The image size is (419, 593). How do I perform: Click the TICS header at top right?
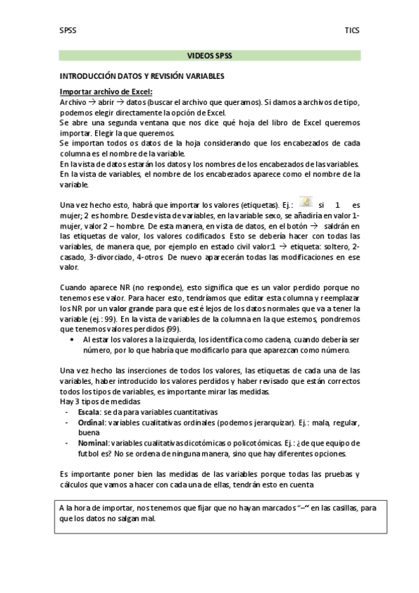(352, 31)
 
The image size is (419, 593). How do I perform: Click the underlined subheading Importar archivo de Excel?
(106, 92)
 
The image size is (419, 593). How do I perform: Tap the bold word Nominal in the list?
(93, 443)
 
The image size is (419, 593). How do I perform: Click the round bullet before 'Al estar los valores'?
(73, 338)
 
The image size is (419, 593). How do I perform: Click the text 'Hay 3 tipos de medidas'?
(99, 401)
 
